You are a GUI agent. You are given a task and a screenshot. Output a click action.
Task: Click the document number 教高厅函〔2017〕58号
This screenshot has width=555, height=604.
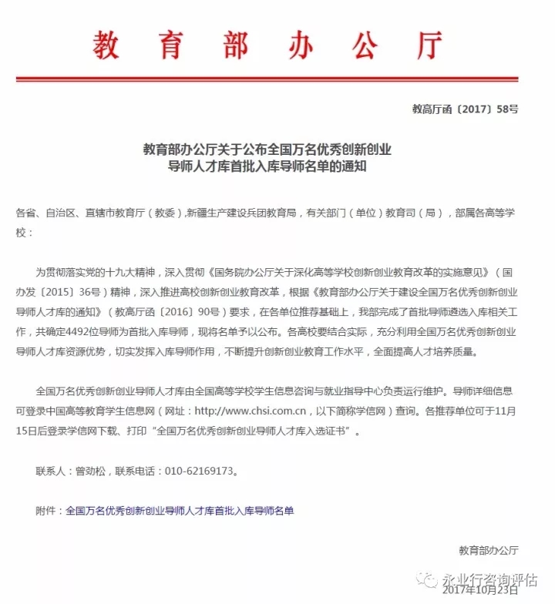[x=465, y=109]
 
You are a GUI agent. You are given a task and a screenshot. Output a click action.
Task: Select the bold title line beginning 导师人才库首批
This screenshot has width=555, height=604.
[x=267, y=164]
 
